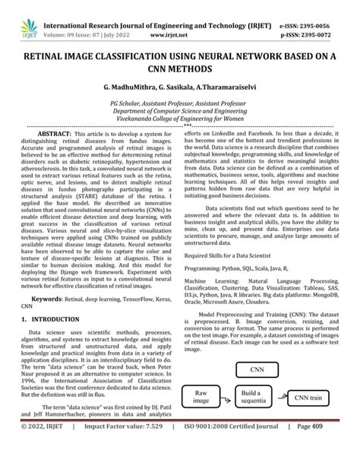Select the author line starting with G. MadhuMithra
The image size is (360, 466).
[x=179, y=89]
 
